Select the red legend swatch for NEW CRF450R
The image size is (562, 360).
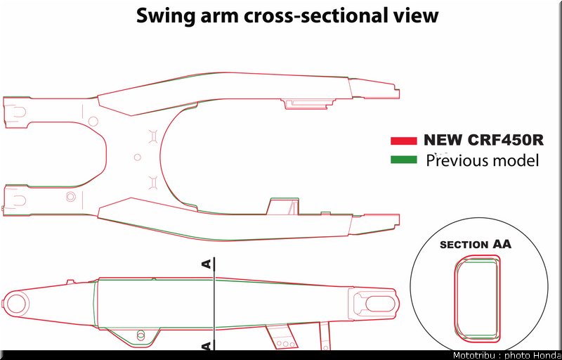point(403,141)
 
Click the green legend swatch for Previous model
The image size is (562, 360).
point(403,160)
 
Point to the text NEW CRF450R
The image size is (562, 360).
point(483,140)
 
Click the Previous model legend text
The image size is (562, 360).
point(483,160)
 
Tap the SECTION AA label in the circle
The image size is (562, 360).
point(476,245)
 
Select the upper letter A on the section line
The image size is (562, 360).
point(207,264)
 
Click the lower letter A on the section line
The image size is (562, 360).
point(207,346)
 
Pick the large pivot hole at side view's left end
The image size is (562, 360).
point(16,304)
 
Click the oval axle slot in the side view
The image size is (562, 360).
point(380,304)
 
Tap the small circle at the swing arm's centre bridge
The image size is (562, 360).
point(137,157)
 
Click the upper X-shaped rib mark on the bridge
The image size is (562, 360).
point(153,136)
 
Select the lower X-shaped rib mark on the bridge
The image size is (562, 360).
point(153,183)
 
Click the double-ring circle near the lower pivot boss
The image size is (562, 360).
point(71,196)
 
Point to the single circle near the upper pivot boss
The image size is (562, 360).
point(93,121)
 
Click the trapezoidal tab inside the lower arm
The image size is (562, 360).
point(283,206)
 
